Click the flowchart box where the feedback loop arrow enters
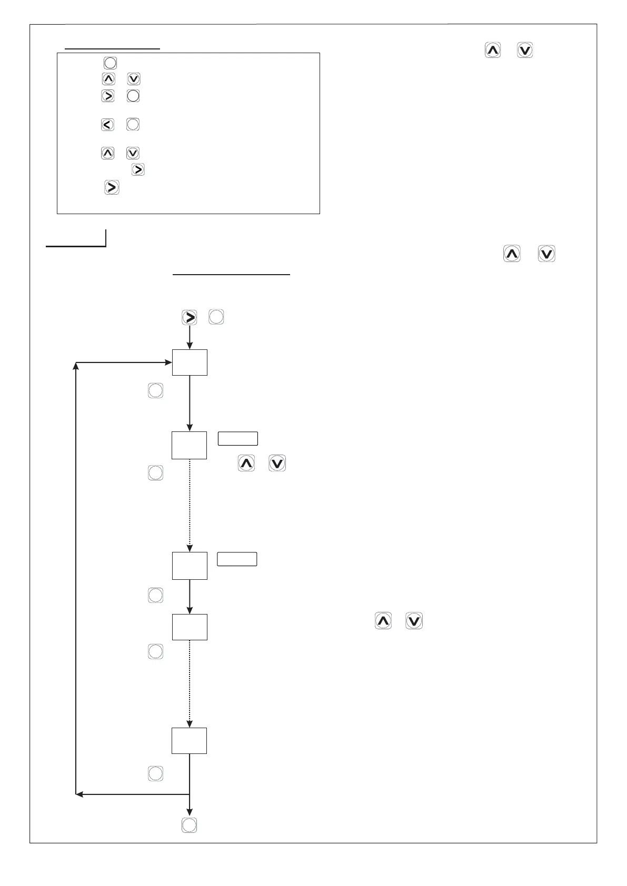coord(190,363)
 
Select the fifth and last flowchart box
coord(189,741)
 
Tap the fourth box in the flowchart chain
coord(190,627)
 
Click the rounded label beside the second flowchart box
coord(238,439)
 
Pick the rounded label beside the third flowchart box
coord(237,559)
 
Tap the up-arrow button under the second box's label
coord(246,464)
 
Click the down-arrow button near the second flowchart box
coord(277,464)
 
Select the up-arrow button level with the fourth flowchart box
coord(383,621)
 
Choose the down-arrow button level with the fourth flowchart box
coord(414,621)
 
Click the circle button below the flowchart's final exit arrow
coord(189,825)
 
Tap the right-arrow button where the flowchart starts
coord(190,317)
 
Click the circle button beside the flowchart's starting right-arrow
coord(216,317)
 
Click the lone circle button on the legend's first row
coord(110,63)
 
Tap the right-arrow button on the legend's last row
coord(112,188)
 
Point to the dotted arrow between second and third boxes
coord(190,505)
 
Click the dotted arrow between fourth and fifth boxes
coord(190,684)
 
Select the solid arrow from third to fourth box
coord(190,597)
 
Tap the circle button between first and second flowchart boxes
coord(155,390)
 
